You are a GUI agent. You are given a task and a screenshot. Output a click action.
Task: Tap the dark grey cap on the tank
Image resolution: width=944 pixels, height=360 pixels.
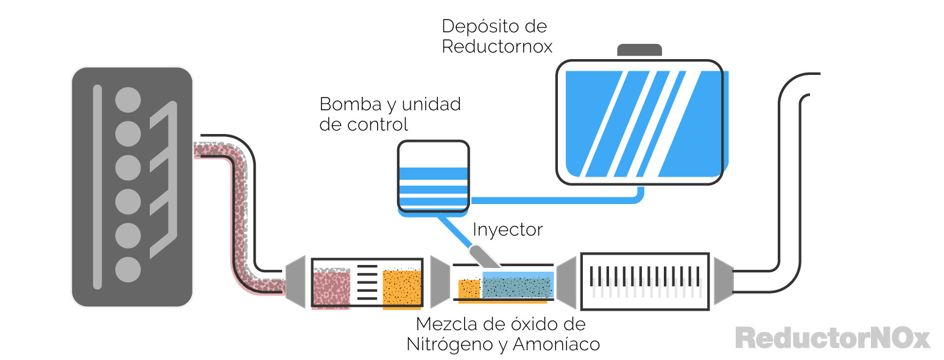[639, 50]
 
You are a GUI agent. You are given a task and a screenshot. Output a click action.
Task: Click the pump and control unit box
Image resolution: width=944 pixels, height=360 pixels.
[433, 175]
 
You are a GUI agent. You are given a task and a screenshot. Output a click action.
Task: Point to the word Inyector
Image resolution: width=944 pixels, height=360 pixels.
[507, 230]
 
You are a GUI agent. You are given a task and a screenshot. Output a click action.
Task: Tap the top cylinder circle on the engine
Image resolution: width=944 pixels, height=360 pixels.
[128, 99]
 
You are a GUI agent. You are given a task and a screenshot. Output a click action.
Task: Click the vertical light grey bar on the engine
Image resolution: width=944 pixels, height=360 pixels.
[97, 186]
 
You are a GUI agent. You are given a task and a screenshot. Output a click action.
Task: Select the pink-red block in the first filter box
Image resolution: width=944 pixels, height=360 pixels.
[331, 289]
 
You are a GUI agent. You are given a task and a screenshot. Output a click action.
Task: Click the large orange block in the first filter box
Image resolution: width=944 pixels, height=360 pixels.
[402, 288]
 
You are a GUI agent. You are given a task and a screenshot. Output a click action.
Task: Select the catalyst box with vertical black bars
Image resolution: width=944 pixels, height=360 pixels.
[645, 281]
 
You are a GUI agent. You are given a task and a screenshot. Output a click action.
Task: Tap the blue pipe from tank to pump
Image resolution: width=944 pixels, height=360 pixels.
[554, 199]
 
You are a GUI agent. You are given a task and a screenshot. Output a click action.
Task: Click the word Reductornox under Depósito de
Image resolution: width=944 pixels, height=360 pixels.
[497, 47]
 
